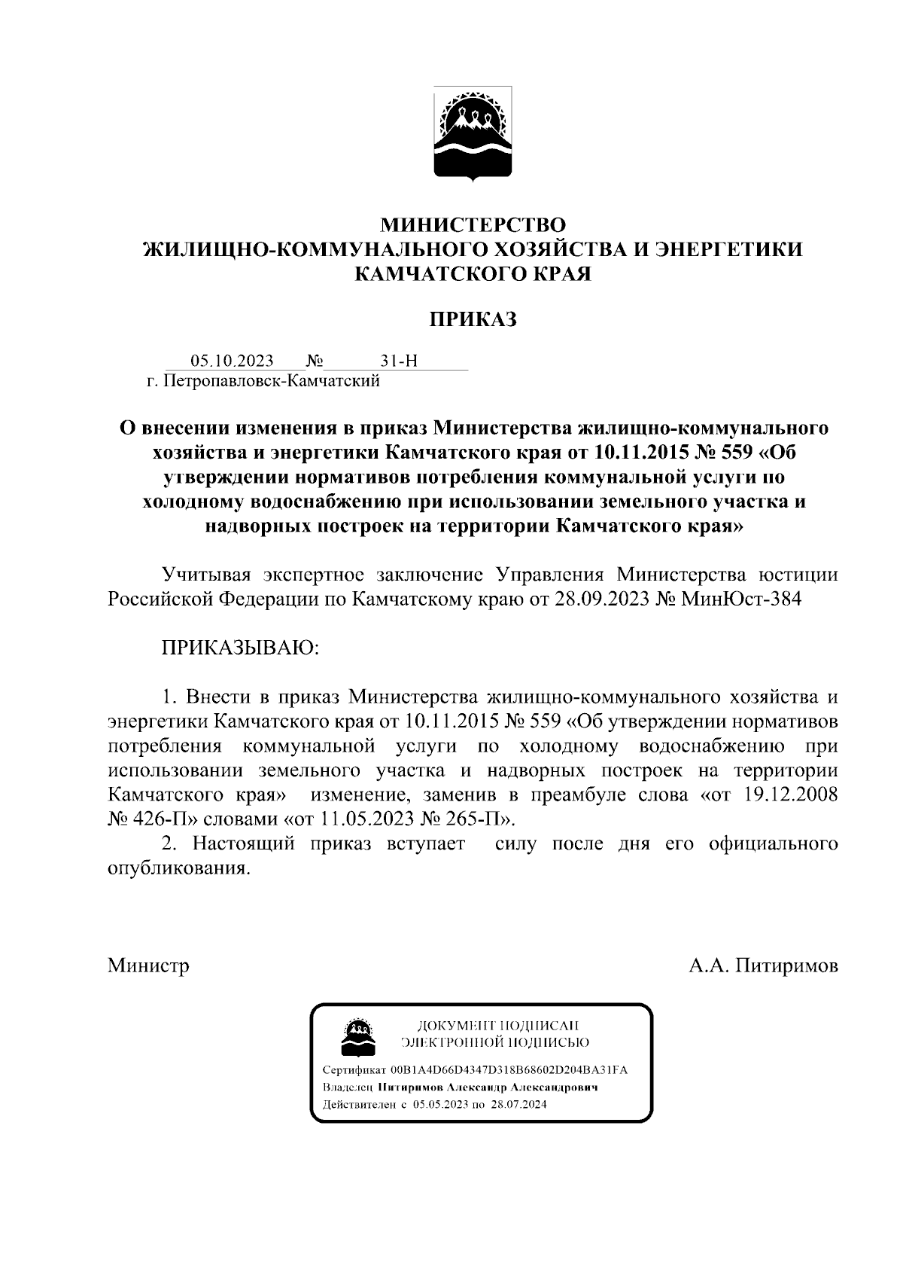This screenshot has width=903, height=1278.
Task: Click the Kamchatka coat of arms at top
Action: (x=473, y=133)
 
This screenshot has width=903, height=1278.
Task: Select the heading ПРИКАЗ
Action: (x=473, y=320)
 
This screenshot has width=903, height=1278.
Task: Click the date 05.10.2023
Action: (x=232, y=361)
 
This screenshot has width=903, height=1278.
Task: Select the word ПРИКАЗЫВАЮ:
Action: (x=241, y=648)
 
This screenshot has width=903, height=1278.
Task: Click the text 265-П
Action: (x=478, y=819)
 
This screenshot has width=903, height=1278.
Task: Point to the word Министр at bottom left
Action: (x=148, y=965)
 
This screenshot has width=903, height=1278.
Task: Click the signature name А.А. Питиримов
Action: (x=764, y=965)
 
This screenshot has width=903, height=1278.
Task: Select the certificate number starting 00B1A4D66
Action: (x=508, y=1070)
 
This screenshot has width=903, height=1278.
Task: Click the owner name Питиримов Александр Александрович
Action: (x=488, y=1088)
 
